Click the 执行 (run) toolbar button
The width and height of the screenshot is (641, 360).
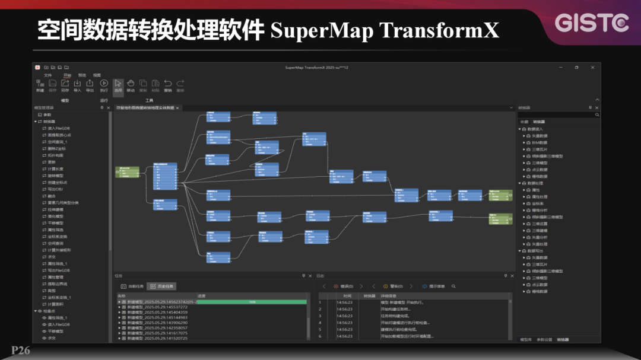point(104,85)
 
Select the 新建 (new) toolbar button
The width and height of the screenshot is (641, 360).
point(40,85)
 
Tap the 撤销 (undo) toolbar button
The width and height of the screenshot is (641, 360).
point(168,85)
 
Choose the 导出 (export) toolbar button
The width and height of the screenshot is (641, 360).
point(90,85)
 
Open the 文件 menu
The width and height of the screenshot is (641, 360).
point(48,75)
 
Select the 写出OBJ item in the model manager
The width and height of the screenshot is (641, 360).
point(55,189)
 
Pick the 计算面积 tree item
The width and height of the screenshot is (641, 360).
point(55,304)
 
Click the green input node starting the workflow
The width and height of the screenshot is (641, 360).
point(126,172)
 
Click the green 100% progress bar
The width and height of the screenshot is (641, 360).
point(252,302)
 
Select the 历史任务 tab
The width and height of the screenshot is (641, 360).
point(162,286)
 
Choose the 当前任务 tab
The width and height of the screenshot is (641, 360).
point(132,286)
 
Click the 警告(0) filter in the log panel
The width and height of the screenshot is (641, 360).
point(392,286)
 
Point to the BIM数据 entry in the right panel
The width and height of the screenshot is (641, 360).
point(540,142)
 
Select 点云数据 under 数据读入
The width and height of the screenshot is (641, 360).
point(540,170)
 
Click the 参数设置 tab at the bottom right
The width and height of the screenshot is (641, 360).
point(544,340)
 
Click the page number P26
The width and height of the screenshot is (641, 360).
point(20,351)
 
